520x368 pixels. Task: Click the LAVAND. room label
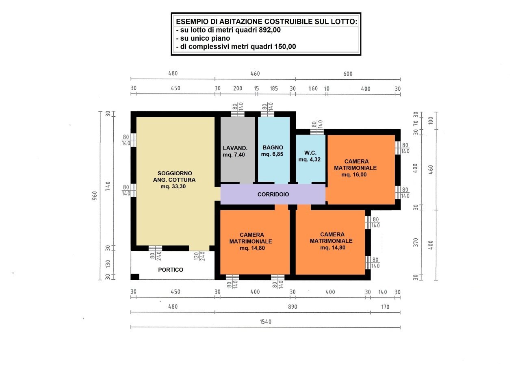235,148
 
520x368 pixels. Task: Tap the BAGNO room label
273,147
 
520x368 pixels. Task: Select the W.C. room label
310,153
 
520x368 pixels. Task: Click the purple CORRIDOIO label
273,194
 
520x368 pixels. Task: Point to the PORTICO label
171,270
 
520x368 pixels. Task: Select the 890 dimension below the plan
292,307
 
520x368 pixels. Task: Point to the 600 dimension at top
348,74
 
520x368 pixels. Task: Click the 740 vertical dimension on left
108,187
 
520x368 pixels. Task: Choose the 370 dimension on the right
415,243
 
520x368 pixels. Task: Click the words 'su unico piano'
203,38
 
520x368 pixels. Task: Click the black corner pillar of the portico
135,277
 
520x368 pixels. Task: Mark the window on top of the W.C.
317,131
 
